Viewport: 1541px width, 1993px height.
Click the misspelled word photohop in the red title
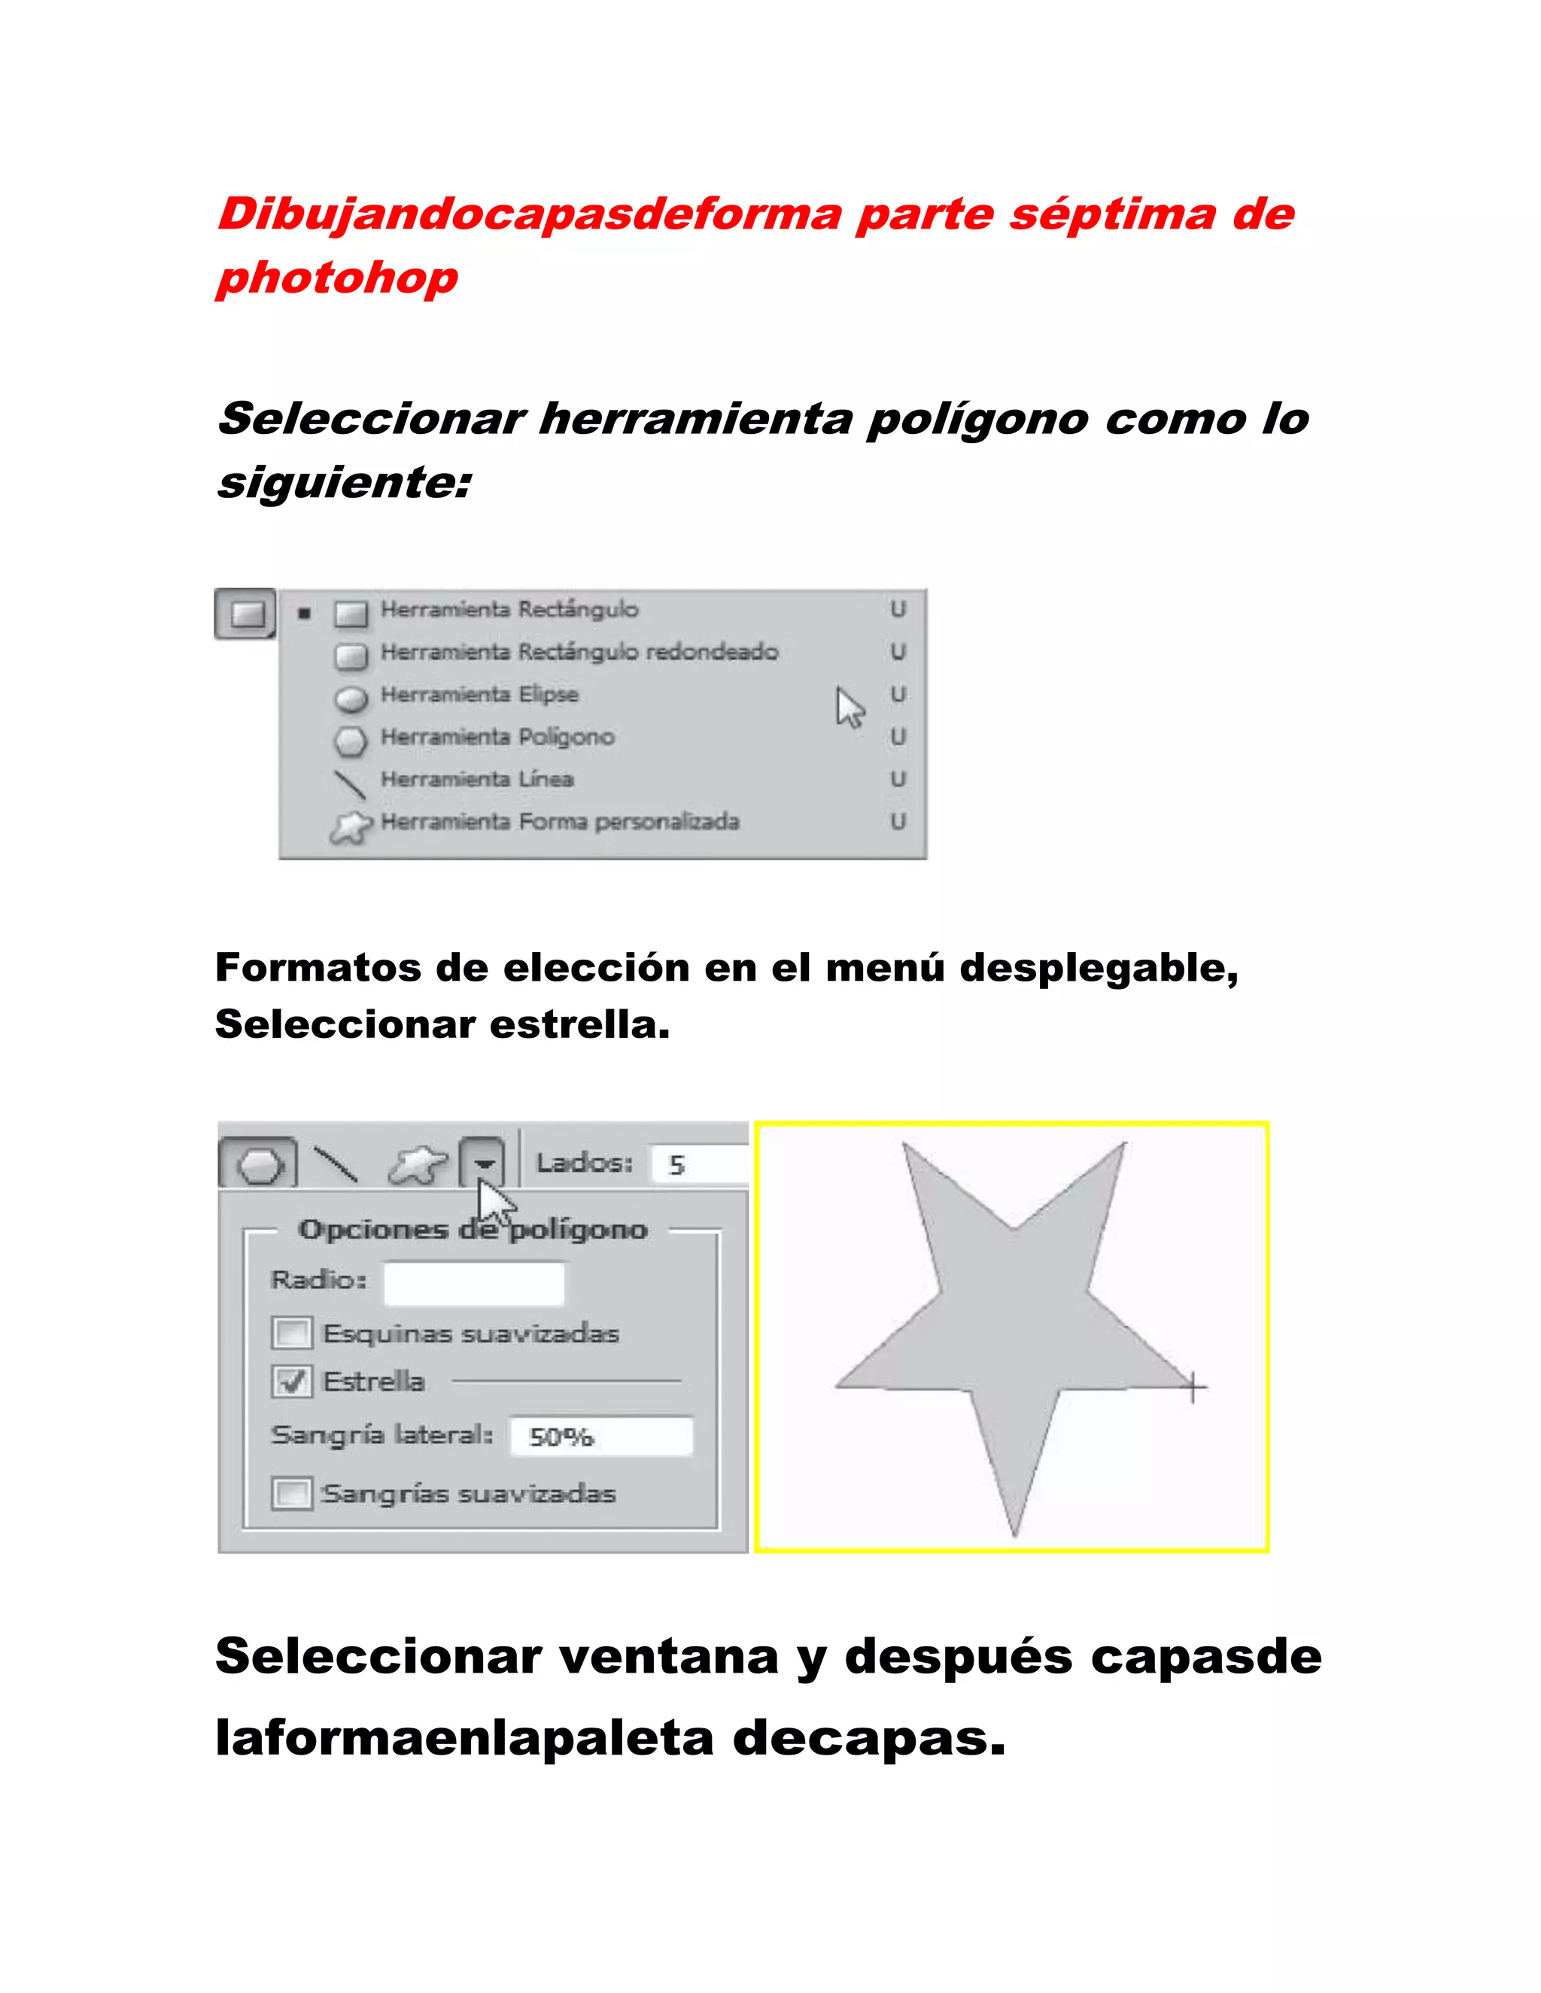338,278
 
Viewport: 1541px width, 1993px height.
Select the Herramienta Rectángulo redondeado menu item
579,651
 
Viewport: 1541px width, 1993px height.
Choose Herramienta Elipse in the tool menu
479,694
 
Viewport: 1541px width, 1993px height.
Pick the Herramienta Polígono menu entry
497,736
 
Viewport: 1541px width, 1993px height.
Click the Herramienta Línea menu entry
476,779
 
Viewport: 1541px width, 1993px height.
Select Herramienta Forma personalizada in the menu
559,821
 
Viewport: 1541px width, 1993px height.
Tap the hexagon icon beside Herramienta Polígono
350,739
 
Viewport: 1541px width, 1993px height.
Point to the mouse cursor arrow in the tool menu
848,707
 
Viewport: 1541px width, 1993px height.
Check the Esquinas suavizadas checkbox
292,1333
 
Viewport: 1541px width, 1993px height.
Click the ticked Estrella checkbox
292,1382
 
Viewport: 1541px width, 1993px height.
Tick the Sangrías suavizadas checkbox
292,1494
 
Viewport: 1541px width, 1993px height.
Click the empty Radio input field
474,1282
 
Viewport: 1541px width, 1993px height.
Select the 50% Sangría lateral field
600,1436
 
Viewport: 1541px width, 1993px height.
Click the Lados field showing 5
698,1164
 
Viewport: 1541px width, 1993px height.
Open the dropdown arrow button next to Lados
483,1163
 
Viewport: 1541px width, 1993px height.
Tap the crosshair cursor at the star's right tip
1193,1388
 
